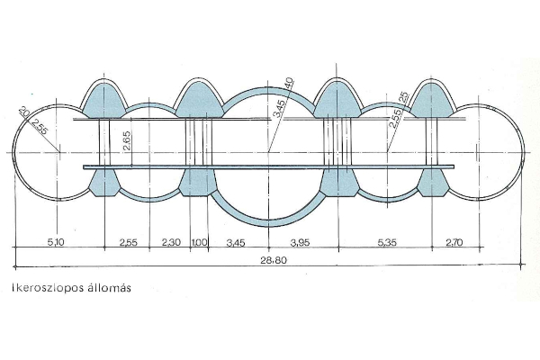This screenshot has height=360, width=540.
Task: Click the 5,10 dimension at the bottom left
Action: pos(56,243)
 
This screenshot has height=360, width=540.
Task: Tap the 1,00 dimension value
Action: pos(199,243)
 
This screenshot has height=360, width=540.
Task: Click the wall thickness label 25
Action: pos(403,97)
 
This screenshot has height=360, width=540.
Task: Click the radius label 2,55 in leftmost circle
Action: pos(38,129)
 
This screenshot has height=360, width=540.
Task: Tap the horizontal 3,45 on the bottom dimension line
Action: pos(236,243)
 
